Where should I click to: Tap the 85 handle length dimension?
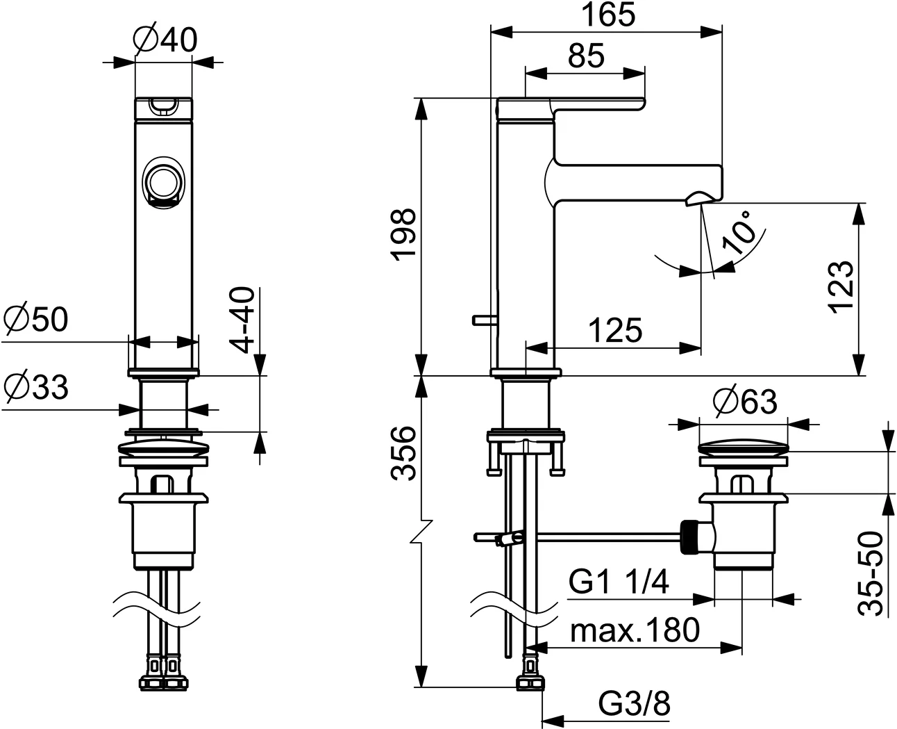point(585,55)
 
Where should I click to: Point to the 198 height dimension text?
point(403,234)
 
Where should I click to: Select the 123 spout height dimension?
point(841,287)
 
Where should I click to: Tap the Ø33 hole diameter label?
point(35,386)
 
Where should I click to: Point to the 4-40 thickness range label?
point(242,320)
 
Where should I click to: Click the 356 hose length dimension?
point(403,453)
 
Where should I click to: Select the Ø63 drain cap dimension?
point(745,401)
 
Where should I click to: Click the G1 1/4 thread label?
point(619,582)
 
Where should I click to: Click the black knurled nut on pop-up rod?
point(690,535)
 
